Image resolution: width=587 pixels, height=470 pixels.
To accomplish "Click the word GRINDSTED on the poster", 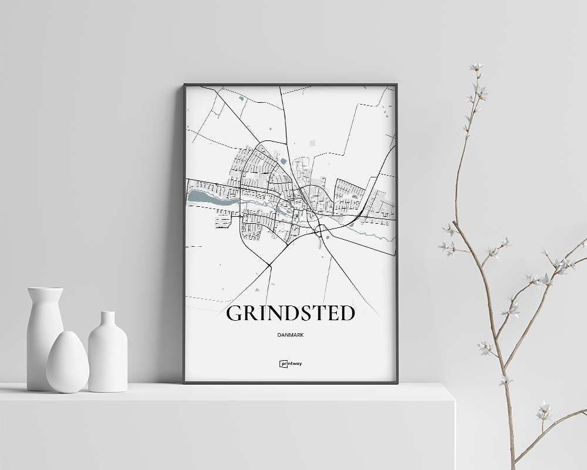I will (291, 314).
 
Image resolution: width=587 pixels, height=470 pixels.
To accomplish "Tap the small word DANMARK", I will (291, 335).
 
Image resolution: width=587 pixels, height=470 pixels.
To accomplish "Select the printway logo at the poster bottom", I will (291, 364).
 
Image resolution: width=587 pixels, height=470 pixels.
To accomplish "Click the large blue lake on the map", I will (208, 199).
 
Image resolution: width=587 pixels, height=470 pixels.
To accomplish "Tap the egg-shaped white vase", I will (68, 362).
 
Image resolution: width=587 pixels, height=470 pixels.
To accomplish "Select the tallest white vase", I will (45, 338).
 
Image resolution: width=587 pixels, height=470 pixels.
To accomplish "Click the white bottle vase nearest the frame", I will (107, 355).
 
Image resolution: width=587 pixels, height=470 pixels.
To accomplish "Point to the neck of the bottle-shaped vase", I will (107, 320).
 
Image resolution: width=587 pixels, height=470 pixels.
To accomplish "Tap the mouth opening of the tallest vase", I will (45, 289).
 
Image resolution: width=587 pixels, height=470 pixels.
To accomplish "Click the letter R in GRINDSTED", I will (252, 314).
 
